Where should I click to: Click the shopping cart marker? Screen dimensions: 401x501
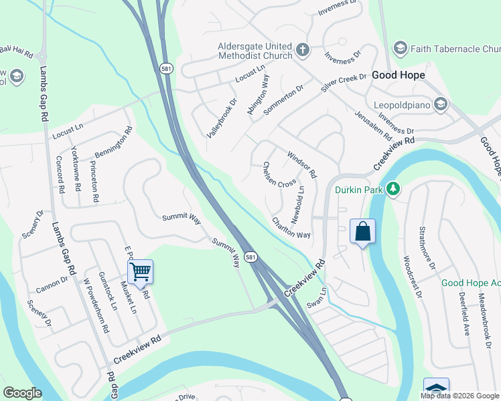point(140,272)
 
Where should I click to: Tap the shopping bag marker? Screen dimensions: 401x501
point(362,232)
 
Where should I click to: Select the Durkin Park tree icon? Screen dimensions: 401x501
point(394,190)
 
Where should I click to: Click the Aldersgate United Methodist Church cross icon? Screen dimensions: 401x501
point(302,50)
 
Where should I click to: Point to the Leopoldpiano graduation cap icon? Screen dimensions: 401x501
point(441,104)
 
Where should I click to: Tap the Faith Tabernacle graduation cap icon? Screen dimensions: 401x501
point(400,48)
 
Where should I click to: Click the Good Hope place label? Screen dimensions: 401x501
point(399,76)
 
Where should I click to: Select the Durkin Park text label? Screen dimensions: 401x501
point(359,190)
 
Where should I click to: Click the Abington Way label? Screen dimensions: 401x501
point(258,96)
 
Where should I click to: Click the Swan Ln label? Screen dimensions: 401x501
point(317,297)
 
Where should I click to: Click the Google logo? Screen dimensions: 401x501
point(23,393)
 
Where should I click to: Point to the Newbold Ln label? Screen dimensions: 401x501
point(297,205)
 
